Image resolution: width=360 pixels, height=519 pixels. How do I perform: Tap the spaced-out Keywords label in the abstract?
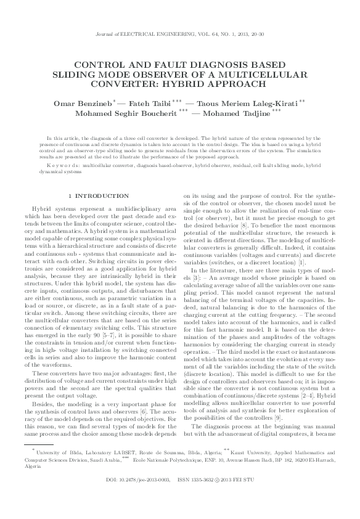point(64,166)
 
